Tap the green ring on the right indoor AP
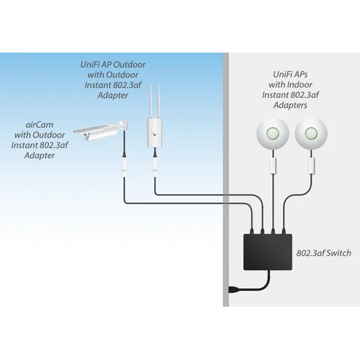[x=312, y=132]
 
